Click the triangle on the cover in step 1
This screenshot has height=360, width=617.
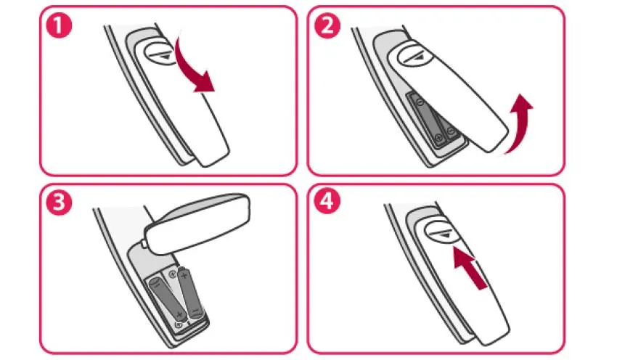point(163,52)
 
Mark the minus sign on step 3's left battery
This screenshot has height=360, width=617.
point(158,286)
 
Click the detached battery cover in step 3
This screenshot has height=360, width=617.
point(200,222)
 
